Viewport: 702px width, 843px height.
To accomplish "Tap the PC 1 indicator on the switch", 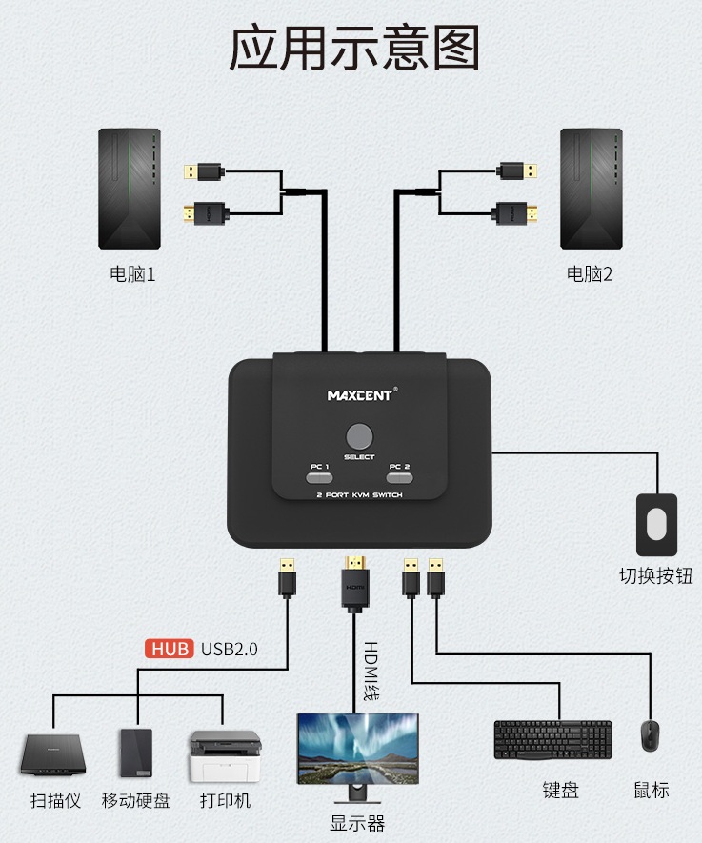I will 319,476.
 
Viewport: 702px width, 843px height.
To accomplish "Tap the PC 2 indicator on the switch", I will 400,476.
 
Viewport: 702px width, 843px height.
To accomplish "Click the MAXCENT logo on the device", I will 359,394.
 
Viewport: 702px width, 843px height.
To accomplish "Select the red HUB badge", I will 170,650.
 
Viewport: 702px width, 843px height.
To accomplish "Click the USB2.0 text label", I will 229,650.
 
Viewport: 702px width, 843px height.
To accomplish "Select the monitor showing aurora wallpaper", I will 358,749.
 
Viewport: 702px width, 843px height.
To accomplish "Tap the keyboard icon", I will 552,740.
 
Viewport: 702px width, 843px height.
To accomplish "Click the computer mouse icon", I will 651,736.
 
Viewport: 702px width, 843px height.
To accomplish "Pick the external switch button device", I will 656,524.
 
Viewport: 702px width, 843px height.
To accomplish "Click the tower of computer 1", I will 130,189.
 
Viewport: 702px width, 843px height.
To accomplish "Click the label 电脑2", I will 590,274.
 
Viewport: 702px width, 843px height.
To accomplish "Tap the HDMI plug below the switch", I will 355,581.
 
